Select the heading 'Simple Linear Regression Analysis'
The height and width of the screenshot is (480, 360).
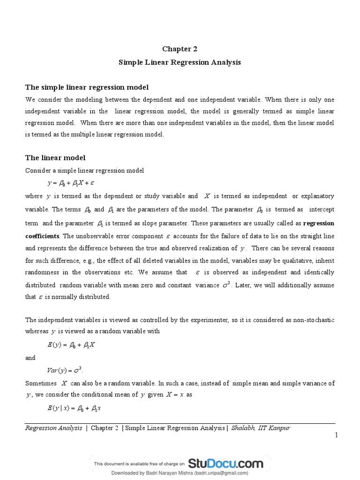[x=180, y=62]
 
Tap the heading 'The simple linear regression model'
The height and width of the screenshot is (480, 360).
[x=87, y=88]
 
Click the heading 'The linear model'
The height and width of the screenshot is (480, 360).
[x=55, y=158]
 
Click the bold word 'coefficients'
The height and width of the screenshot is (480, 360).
[x=42, y=235]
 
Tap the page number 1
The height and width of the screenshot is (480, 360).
[x=336, y=435]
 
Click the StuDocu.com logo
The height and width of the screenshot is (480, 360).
[x=226, y=464]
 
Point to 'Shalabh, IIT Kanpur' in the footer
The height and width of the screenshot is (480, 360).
[x=261, y=428]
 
